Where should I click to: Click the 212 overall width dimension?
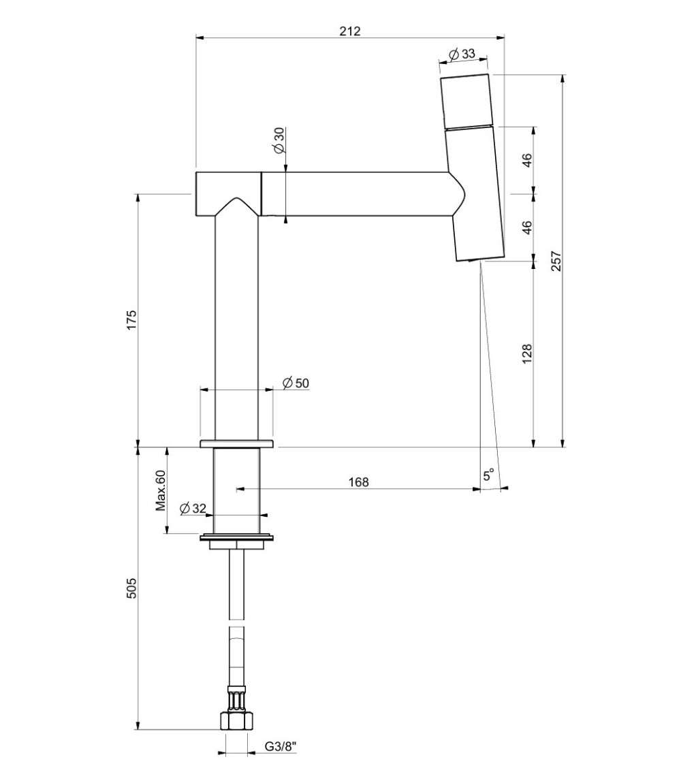point(350,31)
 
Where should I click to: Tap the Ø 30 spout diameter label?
point(279,140)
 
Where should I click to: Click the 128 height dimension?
point(526,354)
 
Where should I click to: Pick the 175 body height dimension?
point(131,321)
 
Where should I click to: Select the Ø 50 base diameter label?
point(296,383)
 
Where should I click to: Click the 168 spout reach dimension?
point(358,482)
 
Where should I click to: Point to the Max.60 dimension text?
point(161,490)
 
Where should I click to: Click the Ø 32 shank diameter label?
point(193,508)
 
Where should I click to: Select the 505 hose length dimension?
point(131,588)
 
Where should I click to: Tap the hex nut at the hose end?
point(236,721)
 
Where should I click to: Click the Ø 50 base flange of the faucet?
point(236,444)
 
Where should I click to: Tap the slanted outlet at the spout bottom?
point(480,259)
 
